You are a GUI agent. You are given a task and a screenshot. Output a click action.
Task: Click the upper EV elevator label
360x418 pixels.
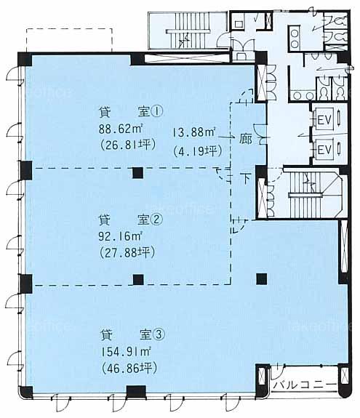click(x=324, y=120)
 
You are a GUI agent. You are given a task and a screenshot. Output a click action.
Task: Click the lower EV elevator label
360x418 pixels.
click(x=324, y=150)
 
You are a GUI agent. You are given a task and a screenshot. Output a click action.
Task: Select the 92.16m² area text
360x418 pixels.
click(x=120, y=236)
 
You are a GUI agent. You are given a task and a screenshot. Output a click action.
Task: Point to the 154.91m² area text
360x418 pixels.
click(x=126, y=352)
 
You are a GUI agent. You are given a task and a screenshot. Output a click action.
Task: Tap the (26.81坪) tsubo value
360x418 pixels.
click(x=127, y=145)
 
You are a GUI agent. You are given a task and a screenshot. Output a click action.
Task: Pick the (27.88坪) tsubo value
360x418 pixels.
click(x=127, y=252)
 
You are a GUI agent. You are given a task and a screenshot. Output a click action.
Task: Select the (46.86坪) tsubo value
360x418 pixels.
click(x=129, y=369)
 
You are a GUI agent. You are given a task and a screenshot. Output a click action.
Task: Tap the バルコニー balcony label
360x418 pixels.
click(x=305, y=385)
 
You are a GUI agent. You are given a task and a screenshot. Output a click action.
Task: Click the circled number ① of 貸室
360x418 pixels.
click(x=157, y=112)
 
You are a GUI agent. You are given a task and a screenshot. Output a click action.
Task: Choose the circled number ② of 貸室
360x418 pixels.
click(x=156, y=220)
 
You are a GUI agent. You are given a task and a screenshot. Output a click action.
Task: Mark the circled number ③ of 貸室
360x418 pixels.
click(x=159, y=335)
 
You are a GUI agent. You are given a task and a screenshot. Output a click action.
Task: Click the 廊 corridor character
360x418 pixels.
click(x=245, y=139)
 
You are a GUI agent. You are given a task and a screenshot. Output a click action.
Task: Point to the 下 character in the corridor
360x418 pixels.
click(x=246, y=178)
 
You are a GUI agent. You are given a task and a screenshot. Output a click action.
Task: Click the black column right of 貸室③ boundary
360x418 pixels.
click(x=262, y=279)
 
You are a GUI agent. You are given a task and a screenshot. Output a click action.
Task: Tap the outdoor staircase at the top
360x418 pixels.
click(x=188, y=31)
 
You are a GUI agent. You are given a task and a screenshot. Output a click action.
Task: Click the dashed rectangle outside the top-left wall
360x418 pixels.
click(x=69, y=39)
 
